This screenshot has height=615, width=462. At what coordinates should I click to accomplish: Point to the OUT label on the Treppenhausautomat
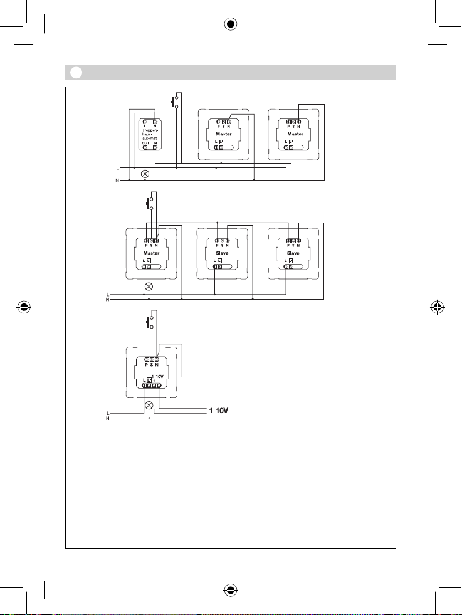[145, 143]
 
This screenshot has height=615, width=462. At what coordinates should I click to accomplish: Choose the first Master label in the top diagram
[224, 134]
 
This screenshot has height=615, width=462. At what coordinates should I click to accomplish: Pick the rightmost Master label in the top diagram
[295, 134]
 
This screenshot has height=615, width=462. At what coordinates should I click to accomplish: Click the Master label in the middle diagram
[152, 253]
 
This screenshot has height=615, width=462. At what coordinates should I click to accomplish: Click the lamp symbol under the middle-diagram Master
[149, 286]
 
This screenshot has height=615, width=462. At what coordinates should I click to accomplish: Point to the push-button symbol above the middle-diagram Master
[149, 202]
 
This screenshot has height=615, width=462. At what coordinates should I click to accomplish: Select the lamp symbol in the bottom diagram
[149, 405]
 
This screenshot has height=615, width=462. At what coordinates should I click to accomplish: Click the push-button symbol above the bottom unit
[149, 323]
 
